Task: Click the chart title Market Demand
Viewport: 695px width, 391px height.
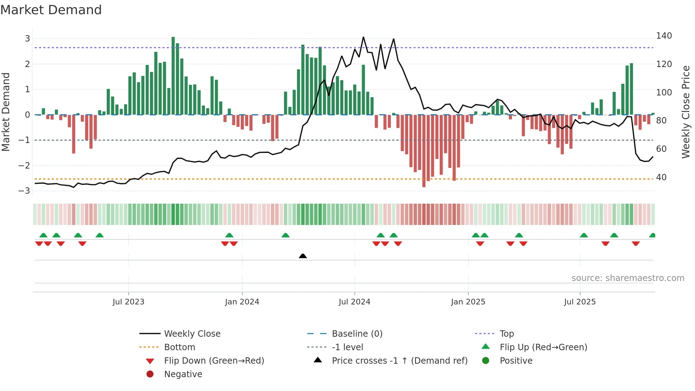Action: coord(51,10)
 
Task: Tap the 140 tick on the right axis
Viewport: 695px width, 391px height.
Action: coord(664,36)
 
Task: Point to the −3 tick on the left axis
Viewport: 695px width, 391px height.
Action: coord(24,191)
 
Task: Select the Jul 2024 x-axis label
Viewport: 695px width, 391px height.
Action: coord(354,302)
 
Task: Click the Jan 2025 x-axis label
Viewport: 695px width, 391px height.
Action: coord(468,302)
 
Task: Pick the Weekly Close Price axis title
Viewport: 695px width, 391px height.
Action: coord(686,112)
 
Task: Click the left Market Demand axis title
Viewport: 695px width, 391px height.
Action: coord(6,112)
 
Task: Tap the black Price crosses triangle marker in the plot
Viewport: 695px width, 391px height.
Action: coord(303,256)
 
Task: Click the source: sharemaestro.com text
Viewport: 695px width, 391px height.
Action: coord(628,278)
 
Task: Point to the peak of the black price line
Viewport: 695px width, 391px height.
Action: coord(363,37)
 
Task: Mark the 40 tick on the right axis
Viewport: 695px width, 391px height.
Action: coord(661,177)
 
